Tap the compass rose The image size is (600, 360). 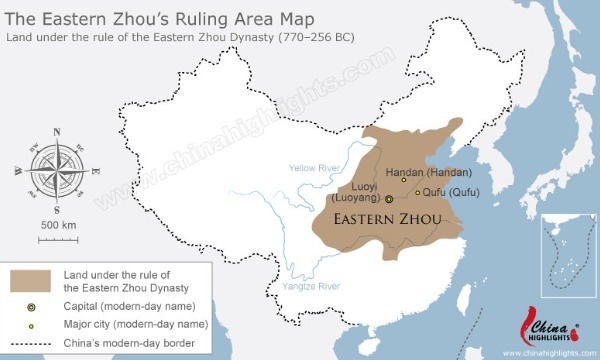56,171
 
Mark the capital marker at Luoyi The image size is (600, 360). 389,200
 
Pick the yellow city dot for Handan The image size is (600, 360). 403,180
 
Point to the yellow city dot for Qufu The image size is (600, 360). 417,192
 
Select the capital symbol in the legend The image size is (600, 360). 31,306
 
